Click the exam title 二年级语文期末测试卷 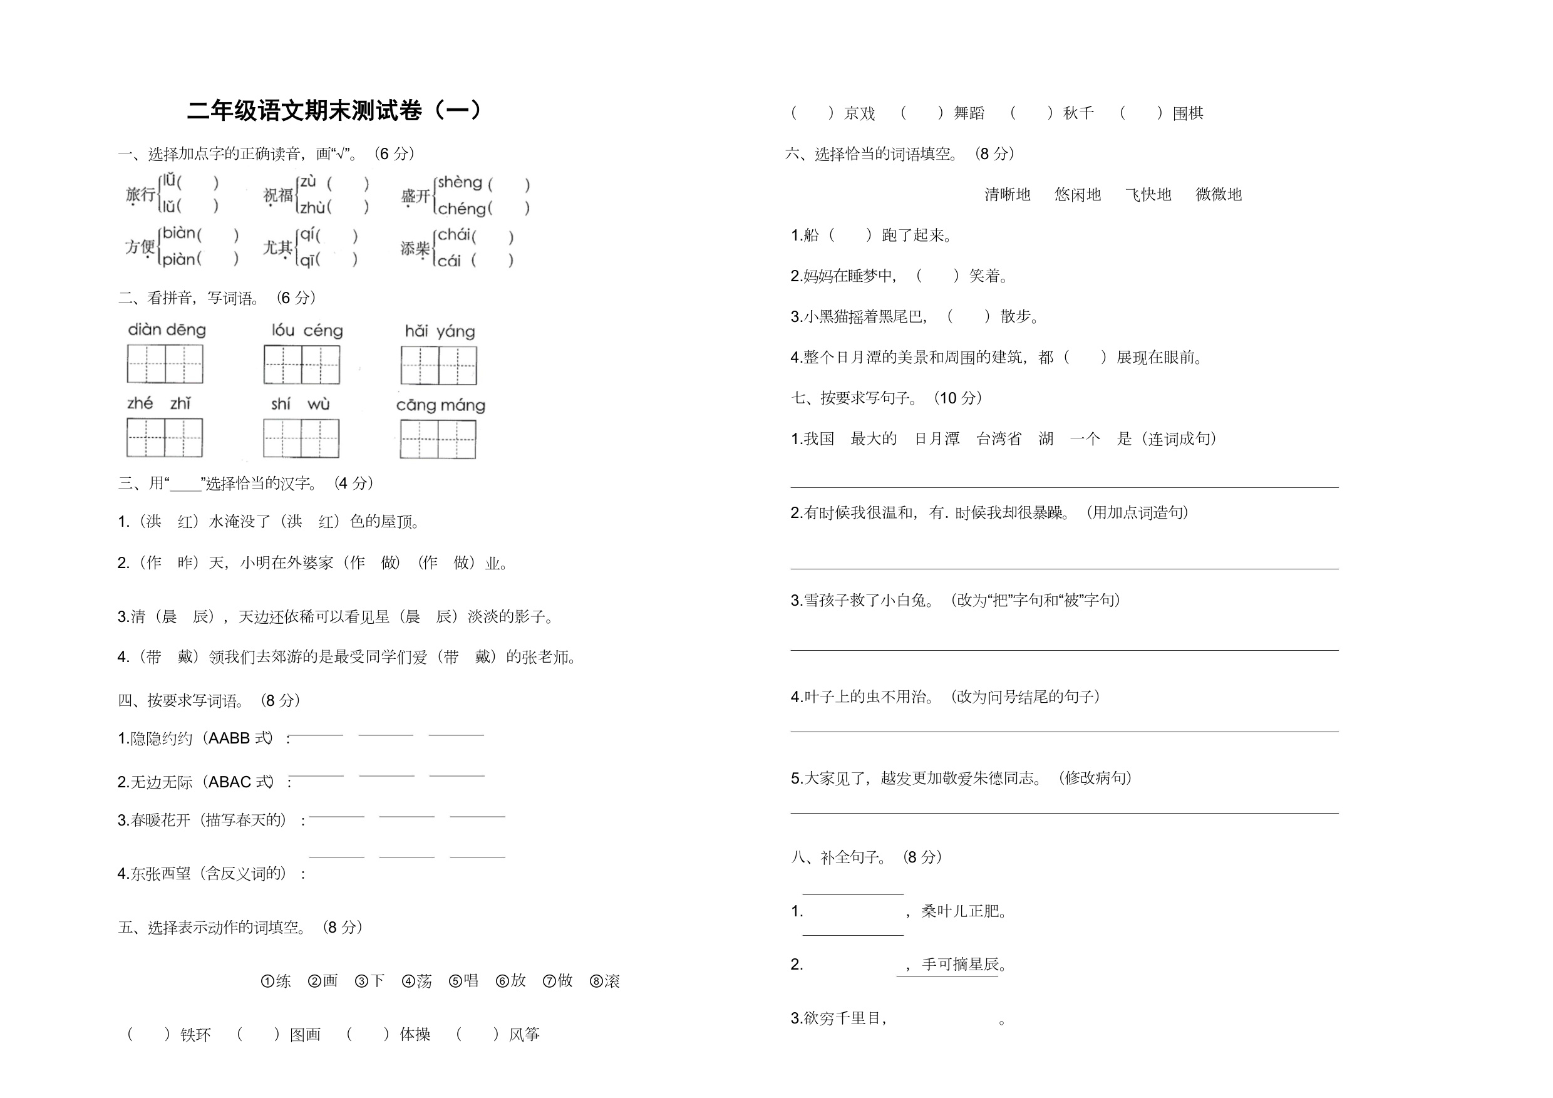point(335,110)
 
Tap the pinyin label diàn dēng point(167,330)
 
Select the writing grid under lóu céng point(302,365)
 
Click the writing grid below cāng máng point(438,439)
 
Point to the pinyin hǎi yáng point(440,331)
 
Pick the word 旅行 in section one point(140,195)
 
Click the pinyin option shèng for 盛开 point(459,183)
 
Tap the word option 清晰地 point(1007,195)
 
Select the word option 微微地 point(1218,195)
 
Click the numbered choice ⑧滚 point(605,981)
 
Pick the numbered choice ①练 point(276,981)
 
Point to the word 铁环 point(195,1034)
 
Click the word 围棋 point(1188,113)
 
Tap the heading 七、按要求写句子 point(886,398)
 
